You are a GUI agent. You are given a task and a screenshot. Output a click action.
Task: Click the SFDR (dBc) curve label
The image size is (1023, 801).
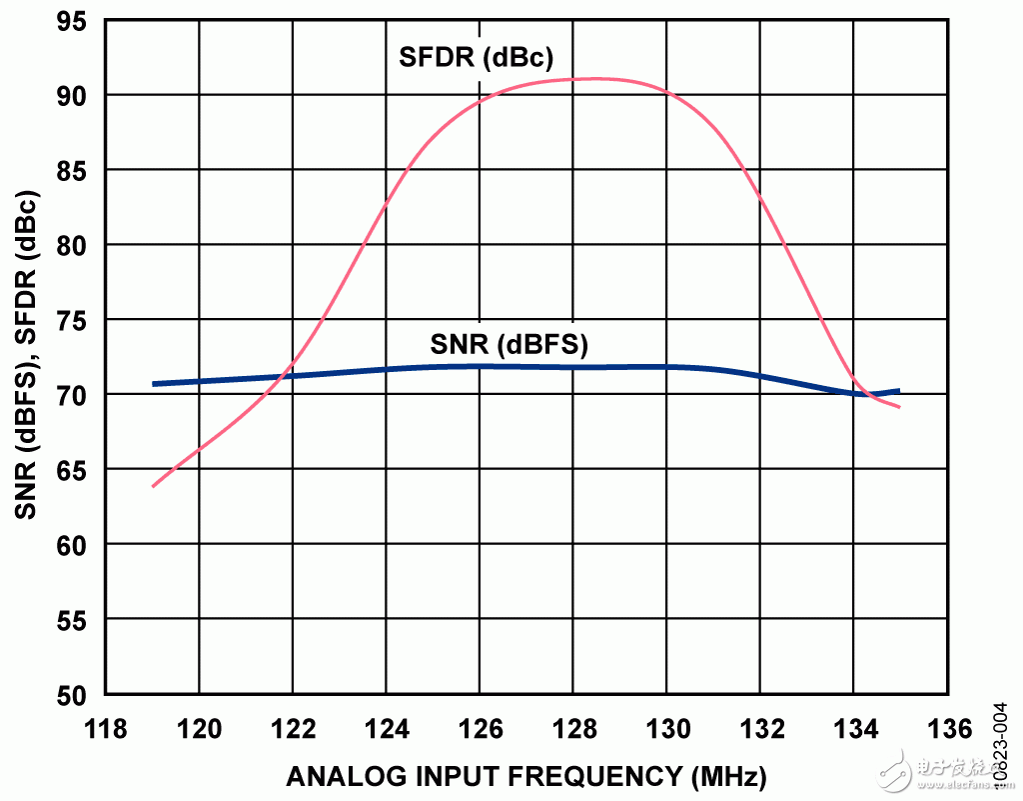pos(476,56)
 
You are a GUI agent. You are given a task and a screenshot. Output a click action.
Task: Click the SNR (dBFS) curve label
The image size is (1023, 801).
pos(510,345)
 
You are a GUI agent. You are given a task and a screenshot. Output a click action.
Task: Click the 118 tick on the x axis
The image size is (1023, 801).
pos(106,729)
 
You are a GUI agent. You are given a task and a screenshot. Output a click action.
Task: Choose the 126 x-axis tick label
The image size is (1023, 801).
pos(480,729)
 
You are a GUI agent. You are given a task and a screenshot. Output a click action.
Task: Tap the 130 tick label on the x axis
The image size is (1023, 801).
pos(666,729)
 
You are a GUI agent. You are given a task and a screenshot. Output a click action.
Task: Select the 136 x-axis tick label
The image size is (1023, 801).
pos(946,729)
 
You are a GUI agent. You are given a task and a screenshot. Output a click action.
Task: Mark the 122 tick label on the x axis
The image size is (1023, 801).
pos(293,729)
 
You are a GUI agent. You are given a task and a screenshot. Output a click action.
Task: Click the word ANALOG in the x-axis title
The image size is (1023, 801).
pos(336,776)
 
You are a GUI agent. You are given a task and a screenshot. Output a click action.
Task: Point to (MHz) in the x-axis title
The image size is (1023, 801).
pos(722,776)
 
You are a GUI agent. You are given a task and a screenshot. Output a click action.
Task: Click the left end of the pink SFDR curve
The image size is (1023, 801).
pos(153,486)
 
